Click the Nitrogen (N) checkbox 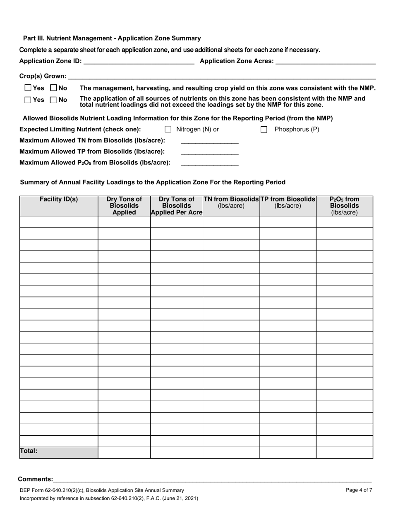[168, 130]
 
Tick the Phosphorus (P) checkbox [264, 130]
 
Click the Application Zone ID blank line [139, 62]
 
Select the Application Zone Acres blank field [325, 62]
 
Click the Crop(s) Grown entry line [222, 76]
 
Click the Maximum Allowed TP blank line [210, 152]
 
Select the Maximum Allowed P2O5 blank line [210, 163]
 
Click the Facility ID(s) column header [59, 199]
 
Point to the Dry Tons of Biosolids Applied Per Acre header [177, 206]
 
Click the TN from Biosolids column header [231, 202]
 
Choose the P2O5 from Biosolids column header [345, 206]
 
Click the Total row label [29, 451]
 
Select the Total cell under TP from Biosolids [288, 453]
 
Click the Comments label [36, 480]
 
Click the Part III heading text [112, 38]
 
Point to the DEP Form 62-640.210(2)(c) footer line [102, 490]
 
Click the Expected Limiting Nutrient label [80, 129]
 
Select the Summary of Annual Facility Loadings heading [153, 182]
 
